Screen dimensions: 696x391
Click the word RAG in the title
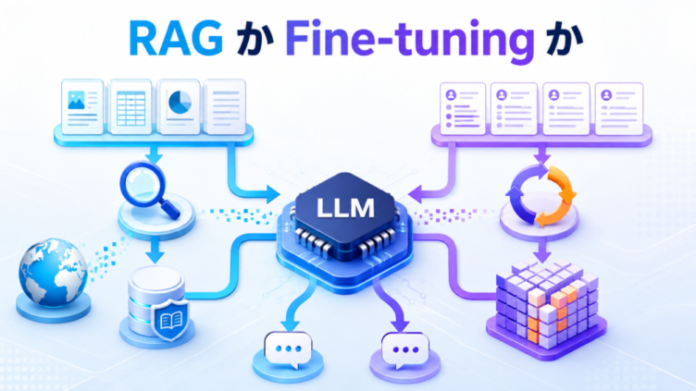176,39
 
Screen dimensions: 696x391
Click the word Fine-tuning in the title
409,42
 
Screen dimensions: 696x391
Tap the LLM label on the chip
346,207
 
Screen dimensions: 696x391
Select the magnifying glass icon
149,189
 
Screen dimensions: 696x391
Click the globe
54,273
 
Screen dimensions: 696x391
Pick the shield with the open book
171,320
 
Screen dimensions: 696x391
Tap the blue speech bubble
288,349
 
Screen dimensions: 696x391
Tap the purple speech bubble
404,350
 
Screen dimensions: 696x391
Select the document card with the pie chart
179,107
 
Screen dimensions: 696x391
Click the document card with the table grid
130,107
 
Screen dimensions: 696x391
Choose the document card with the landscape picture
82,107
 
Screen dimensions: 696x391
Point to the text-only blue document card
226,107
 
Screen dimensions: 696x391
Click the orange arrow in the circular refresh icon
557,195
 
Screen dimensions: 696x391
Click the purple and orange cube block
547,307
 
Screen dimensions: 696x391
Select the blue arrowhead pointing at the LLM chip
272,195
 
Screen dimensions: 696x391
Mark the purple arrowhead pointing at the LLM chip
416,194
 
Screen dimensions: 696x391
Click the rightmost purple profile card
619,109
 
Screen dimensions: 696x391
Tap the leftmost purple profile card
463,109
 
